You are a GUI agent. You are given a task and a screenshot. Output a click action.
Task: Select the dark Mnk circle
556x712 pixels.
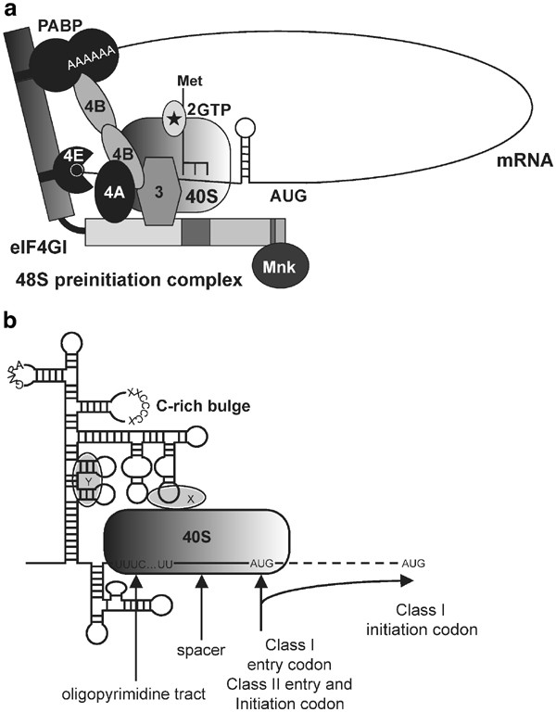[x=282, y=263]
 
